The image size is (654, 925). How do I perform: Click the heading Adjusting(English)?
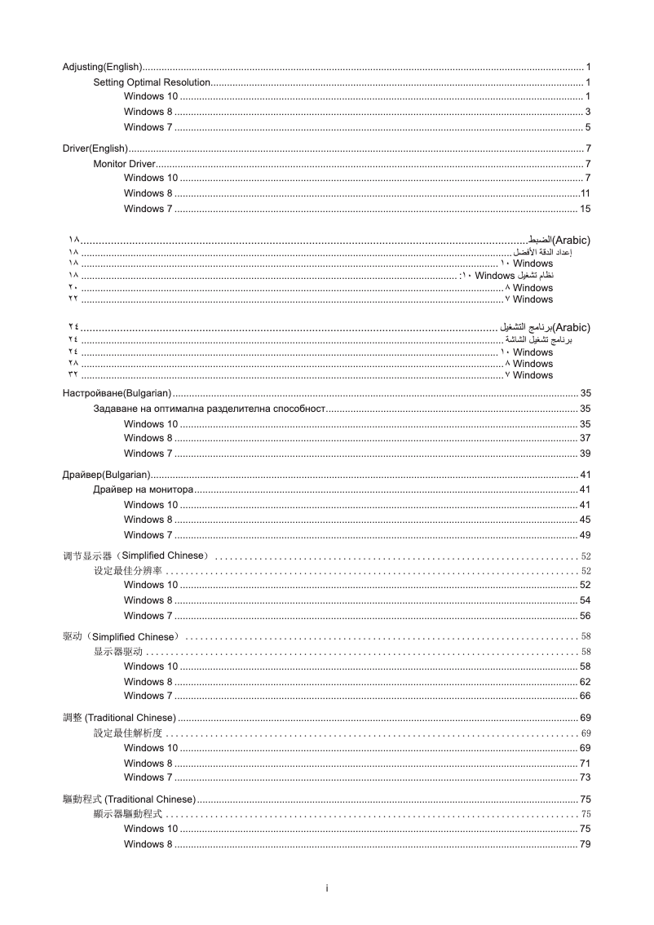(103, 66)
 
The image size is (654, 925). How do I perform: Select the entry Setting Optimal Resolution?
(152, 82)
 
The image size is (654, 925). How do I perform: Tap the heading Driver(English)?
(95, 148)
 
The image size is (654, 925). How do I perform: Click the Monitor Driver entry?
(124, 164)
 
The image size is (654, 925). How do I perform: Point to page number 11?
(585, 193)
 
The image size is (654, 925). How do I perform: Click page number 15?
(585, 209)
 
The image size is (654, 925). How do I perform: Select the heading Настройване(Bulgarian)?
(117, 393)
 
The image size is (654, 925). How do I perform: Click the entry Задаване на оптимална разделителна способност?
(210, 408)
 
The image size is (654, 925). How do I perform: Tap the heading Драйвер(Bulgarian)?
(106, 475)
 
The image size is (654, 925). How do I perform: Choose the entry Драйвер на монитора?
(144, 489)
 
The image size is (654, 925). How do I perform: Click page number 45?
(585, 520)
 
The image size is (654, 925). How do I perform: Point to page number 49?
(585, 535)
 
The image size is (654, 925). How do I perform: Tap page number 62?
(585, 682)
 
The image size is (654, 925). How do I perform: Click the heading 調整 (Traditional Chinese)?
(119, 718)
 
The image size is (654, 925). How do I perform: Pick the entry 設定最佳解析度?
(128, 733)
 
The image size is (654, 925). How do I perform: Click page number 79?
(585, 844)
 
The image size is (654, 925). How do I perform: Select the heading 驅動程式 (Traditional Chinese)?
(129, 799)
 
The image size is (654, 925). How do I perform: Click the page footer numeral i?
(326, 887)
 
